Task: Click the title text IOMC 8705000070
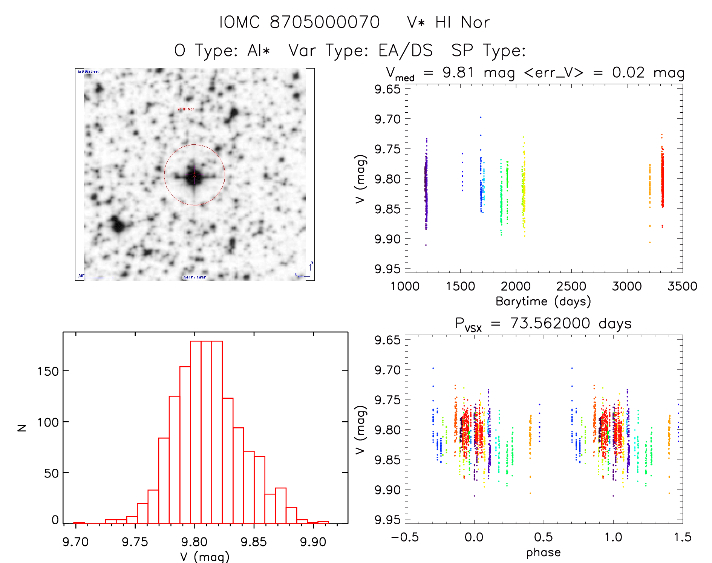coord(299,23)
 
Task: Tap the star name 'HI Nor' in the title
coord(462,23)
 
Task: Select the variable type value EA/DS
coord(406,50)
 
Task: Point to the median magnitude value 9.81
coord(458,72)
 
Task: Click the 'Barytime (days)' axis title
coord(543,301)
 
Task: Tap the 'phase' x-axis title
coord(543,552)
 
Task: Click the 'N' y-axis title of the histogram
coord(22,427)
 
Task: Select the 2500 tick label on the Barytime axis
coord(571,286)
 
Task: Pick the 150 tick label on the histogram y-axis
coord(48,372)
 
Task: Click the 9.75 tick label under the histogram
coord(135,542)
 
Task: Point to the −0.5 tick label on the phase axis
coord(404,537)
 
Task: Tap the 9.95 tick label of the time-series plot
coord(387,269)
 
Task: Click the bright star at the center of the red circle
coord(194,175)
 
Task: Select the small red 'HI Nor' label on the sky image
coord(186,109)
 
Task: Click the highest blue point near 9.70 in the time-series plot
coord(481,117)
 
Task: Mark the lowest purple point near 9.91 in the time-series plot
coord(426,245)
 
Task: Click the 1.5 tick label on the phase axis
coord(683,537)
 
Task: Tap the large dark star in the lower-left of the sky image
coord(118,226)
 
